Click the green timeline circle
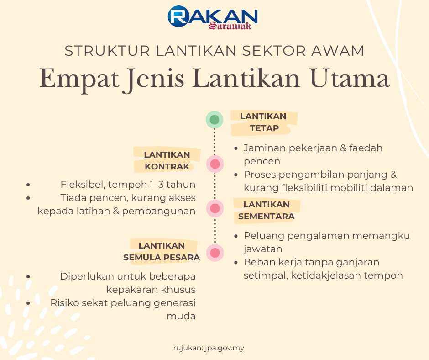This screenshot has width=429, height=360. click(214, 120)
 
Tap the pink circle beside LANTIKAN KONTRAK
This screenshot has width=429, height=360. click(215, 164)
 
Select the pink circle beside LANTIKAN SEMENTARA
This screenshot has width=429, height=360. click(215, 208)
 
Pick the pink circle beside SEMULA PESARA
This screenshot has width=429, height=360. click(215, 253)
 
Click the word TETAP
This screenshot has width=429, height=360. click(264, 128)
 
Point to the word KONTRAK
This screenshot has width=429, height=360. click(167, 167)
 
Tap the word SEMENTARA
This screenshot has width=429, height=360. click(266, 217)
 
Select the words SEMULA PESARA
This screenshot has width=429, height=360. click(162, 258)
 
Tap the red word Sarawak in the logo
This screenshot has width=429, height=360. click(230, 26)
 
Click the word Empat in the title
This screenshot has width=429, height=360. click(79, 79)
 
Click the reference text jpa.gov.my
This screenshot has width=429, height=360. click(225, 348)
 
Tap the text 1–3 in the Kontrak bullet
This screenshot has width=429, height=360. click(157, 185)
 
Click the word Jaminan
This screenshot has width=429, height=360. click(265, 148)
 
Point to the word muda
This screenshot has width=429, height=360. click(181, 316)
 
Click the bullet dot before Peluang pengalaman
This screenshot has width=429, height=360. click(236, 236)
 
